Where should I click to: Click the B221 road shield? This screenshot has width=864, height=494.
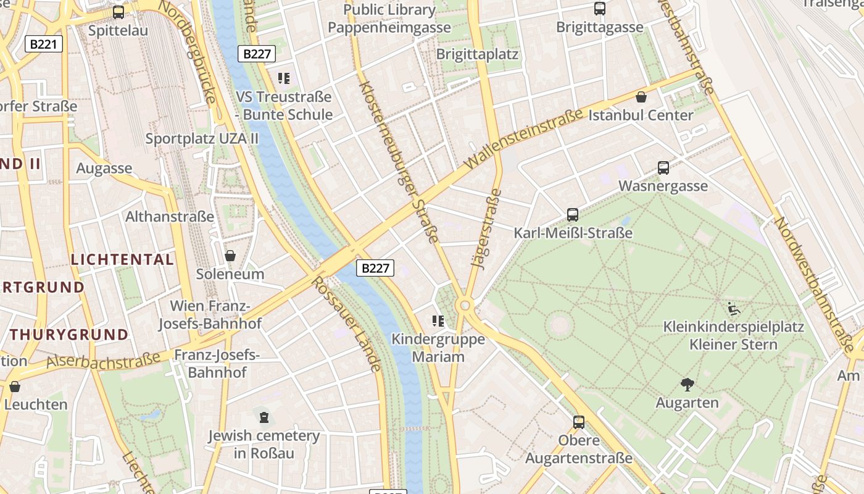click(x=44, y=44)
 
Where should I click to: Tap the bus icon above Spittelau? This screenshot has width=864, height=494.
click(x=118, y=12)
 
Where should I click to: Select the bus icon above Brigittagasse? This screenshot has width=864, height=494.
click(x=599, y=9)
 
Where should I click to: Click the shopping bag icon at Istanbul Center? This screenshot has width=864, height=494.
click(x=641, y=97)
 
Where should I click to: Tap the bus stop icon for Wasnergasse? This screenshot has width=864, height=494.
click(x=663, y=167)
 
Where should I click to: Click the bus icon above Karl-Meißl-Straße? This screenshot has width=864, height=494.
click(x=573, y=215)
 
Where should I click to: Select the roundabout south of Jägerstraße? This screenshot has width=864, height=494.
click(x=464, y=305)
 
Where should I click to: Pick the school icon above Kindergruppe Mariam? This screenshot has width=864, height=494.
click(x=438, y=320)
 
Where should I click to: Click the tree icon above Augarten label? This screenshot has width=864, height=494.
click(x=687, y=385)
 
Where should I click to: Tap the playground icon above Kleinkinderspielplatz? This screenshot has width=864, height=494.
click(x=734, y=308)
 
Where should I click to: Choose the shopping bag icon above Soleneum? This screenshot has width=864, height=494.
click(x=230, y=256)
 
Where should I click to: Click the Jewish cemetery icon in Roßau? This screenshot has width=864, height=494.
click(x=264, y=417)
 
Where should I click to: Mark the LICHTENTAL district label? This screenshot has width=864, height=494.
click(x=122, y=259)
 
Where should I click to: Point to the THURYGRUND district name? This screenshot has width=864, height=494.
click(x=69, y=335)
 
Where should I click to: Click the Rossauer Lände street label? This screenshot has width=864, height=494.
click(x=347, y=324)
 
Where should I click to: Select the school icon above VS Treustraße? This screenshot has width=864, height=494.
click(x=284, y=78)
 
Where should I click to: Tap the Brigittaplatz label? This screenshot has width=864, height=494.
click(x=477, y=54)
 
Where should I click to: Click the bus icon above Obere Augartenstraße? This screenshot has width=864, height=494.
click(x=579, y=422)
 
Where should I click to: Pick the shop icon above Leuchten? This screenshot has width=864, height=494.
click(x=15, y=387)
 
